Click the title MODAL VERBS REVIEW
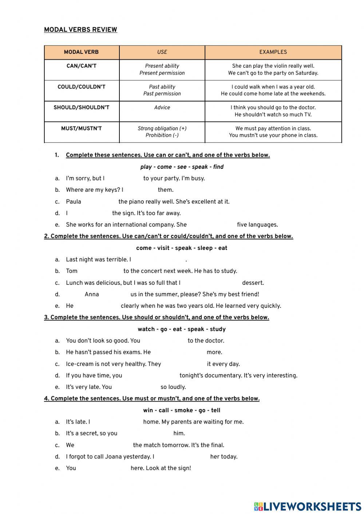pos(80,30)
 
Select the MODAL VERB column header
pos(81,52)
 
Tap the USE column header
pos(162,52)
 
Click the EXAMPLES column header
pos(273,52)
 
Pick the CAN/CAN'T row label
pos(81,66)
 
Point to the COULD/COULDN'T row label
pos(81,87)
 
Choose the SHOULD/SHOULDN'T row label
pos(81,108)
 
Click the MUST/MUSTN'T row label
pos(81,128)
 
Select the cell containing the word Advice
pos(162,108)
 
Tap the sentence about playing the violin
pos(273,66)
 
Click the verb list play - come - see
pos(182,167)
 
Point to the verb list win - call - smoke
pos(182,410)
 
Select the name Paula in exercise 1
pos(74,202)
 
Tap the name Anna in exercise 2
pos(92,295)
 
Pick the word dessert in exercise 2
pos(253,283)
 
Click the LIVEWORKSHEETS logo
pos(308,506)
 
